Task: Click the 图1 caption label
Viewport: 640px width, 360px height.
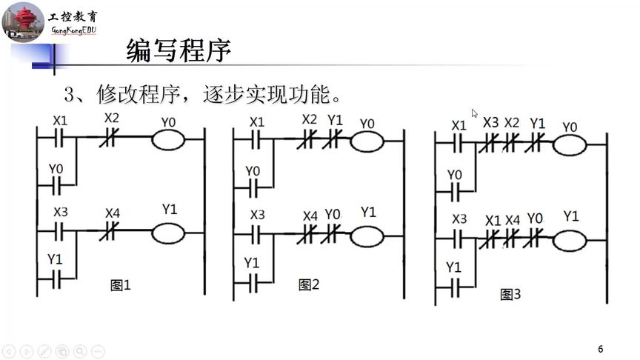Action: [120, 284]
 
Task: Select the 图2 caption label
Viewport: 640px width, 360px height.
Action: [308, 284]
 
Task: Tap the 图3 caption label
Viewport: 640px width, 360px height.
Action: [510, 295]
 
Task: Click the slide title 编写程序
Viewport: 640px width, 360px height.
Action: [179, 51]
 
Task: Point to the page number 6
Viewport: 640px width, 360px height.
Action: [601, 349]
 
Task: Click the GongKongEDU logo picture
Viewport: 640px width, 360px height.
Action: [23, 21]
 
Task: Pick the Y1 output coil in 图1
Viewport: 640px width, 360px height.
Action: [167, 233]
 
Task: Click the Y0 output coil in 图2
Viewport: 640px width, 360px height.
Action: [367, 141]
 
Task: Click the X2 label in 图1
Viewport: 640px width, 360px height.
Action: [111, 118]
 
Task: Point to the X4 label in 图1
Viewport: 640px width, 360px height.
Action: [112, 213]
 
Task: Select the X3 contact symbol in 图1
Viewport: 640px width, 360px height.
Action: [60, 233]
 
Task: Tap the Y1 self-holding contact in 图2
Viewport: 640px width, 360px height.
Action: [253, 282]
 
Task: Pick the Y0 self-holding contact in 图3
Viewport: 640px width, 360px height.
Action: [456, 193]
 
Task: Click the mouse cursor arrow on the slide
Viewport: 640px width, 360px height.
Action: [475, 113]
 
